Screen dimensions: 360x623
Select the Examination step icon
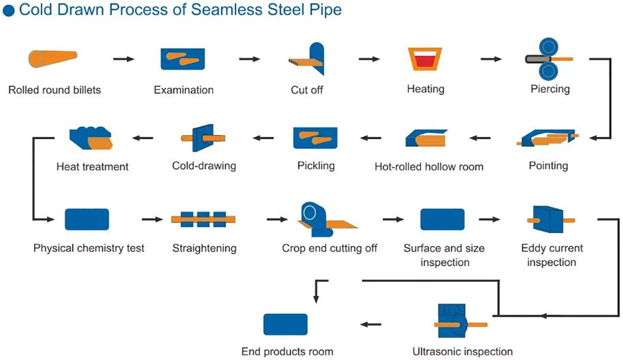[183, 59]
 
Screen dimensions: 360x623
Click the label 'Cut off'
[307, 90]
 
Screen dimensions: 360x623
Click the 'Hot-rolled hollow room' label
[429, 166]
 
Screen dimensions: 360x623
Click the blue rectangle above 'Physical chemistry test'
[86, 219]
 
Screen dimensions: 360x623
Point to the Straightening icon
[203, 219]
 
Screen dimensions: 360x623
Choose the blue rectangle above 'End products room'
[286, 324]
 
